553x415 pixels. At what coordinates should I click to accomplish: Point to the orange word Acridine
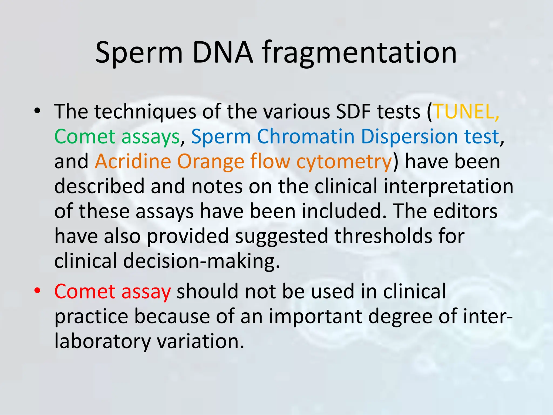pos(133,161)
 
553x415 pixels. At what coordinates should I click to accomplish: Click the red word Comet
pos(85,292)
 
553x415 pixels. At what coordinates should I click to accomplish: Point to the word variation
pos(201,341)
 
